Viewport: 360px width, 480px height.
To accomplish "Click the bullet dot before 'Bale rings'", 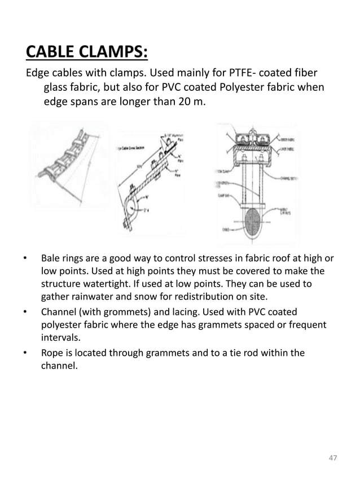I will tap(25, 260).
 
